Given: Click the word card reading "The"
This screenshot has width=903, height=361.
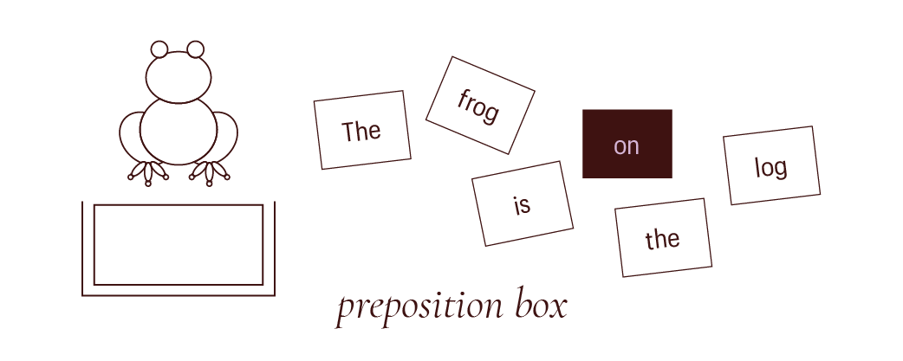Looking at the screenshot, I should click(361, 130).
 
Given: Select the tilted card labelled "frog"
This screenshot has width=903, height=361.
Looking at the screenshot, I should click(479, 105).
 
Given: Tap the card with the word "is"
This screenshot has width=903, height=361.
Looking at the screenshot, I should click(522, 203).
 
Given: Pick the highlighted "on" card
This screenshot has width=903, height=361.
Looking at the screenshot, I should click(627, 144).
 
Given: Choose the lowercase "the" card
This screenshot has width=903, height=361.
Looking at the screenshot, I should click(663, 237).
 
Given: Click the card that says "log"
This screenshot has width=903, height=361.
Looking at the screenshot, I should click(771, 165).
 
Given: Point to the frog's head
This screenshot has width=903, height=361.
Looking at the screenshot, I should click(179, 77).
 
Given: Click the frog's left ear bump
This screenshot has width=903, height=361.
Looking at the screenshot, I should click(159, 49).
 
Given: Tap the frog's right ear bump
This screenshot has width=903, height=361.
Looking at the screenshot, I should click(196, 49).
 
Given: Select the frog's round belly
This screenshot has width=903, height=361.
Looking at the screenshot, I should click(179, 130).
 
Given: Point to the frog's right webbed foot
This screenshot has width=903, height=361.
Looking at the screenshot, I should click(209, 172).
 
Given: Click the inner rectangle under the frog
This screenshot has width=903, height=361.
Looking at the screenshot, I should click(179, 244).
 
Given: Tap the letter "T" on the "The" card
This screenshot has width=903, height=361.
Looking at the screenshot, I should click(348, 132).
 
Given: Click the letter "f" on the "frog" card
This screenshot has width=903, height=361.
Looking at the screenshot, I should click(462, 98).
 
